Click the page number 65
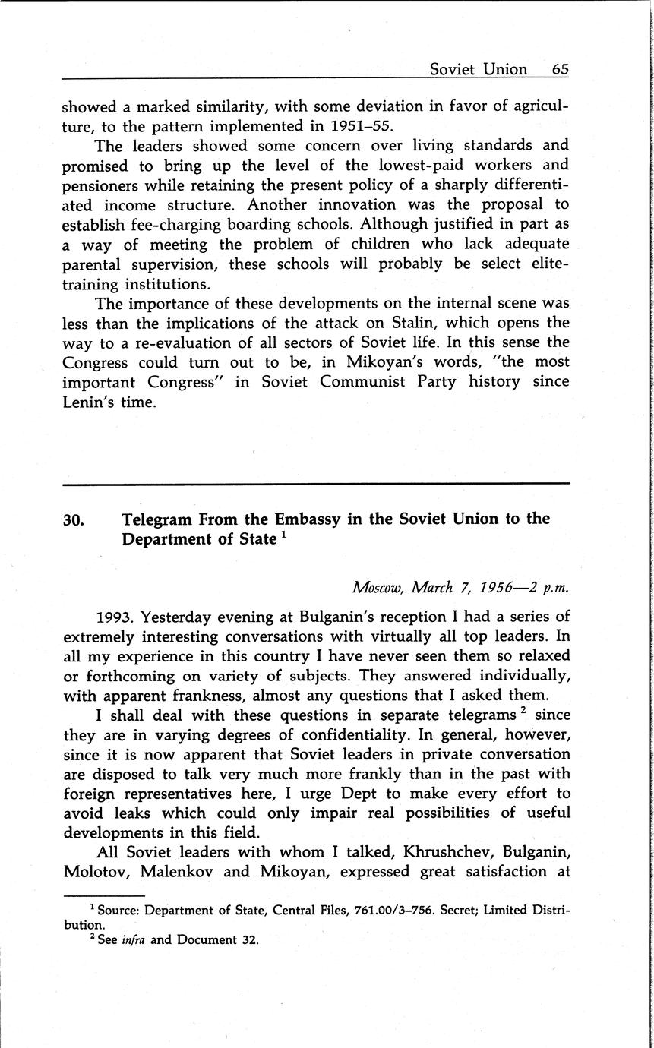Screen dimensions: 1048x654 tap(560, 69)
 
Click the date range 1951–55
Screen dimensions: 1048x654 tap(357, 125)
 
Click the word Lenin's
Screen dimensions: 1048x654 tap(89, 402)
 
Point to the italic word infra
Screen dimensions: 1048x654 tap(134, 940)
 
